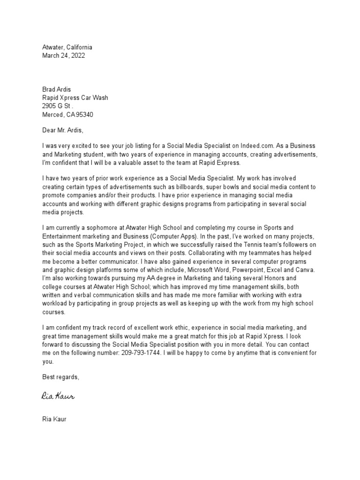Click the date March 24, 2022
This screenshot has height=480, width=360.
[64, 55]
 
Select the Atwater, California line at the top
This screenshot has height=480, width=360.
[67, 47]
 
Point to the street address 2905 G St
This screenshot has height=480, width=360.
[57, 106]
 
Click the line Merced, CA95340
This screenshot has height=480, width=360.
[70, 115]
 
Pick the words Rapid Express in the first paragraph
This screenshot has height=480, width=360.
[219, 163]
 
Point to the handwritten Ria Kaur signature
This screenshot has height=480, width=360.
[58, 397]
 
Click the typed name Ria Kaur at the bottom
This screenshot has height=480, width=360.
[54, 419]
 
